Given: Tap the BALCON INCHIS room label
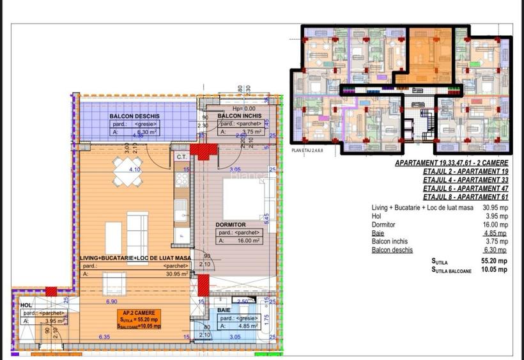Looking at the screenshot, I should pyautogui.click(x=238, y=116).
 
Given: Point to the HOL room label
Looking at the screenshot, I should pyautogui.click(x=26, y=306).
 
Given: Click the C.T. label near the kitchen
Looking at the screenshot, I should pyautogui.click(x=181, y=156).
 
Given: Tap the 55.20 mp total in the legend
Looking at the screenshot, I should pyautogui.click(x=495, y=262).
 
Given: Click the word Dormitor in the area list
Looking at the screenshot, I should pyautogui.click(x=383, y=225).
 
